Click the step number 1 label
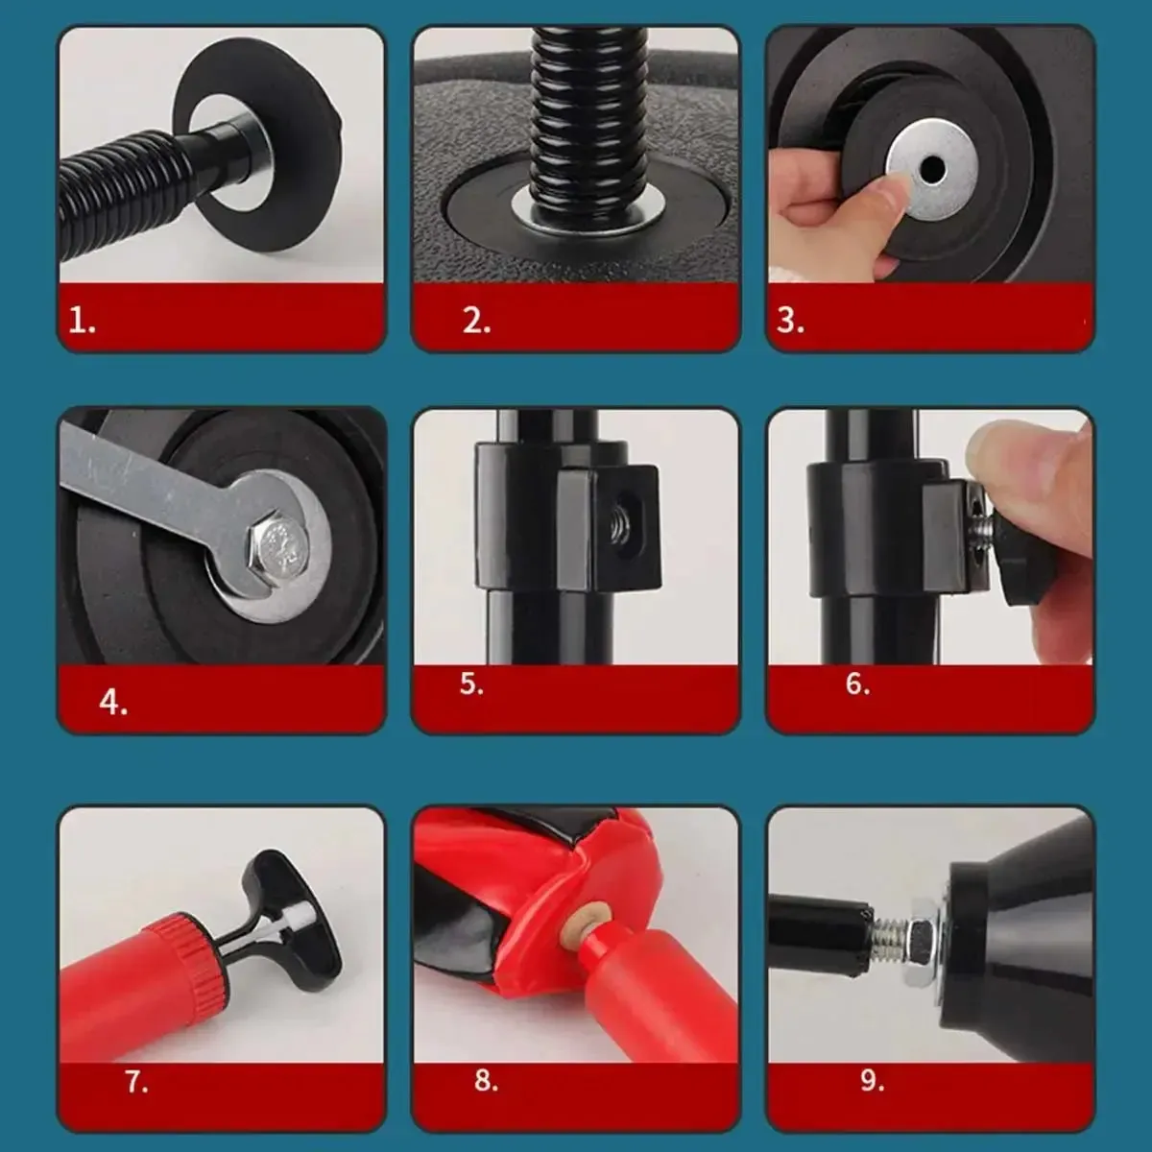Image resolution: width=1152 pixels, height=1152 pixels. point(82,322)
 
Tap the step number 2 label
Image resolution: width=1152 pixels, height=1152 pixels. point(476,322)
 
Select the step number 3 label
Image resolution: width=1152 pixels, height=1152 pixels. point(790,321)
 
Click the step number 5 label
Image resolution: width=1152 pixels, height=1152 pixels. point(471,684)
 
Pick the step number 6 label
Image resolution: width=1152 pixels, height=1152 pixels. point(858,684)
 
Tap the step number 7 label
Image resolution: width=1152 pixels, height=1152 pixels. point(136,1082)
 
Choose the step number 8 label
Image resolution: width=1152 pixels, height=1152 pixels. point(486,1080)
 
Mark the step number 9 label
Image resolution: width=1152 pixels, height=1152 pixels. point(873,1080)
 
